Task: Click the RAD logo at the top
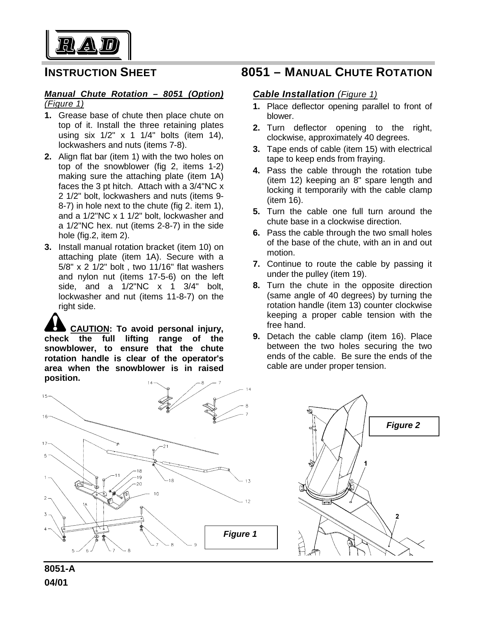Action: (88, 45)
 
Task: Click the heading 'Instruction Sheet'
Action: (100, 72)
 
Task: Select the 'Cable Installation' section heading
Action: (294, 94)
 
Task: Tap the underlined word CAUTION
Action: (90, 329)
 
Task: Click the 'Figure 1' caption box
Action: (241, 534)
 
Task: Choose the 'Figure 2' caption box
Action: (403, 425)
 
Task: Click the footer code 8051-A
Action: (60, 569)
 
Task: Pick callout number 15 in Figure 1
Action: (45, 396)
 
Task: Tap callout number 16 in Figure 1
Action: (45, 416)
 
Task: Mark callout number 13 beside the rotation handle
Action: (248, 481)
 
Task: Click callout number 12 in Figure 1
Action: (247, 501)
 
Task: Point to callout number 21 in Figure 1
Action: (166, 446)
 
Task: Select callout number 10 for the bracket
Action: (156, 494)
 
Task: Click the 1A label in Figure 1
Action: (85, 505)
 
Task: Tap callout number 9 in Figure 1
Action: (195, 545)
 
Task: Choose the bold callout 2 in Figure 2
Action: (397, 516)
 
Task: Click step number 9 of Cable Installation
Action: (256, 336)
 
